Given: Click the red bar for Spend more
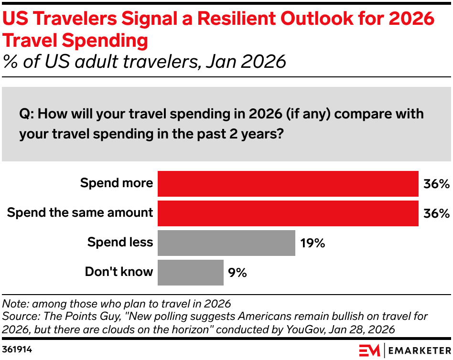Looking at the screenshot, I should [x=288, y=184].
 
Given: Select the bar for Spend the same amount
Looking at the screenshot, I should [x=288, y=213].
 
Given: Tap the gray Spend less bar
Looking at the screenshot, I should [x=226, y=243].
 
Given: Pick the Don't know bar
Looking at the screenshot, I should [x=190, y=272].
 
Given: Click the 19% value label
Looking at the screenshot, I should [x=313, y=243].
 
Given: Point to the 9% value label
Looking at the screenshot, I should [x=237, y=273].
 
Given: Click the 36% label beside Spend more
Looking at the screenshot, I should [x=436, y=184].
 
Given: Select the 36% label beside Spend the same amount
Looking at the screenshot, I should [x=436, y=213].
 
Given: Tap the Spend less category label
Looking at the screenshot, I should [x=120, y=243].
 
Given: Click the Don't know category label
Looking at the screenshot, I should [x=119, y=272].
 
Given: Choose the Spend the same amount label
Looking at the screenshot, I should [x=80, y=213].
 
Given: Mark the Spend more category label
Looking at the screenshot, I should [x=117, y=183].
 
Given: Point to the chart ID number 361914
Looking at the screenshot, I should [x=17, y=349].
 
